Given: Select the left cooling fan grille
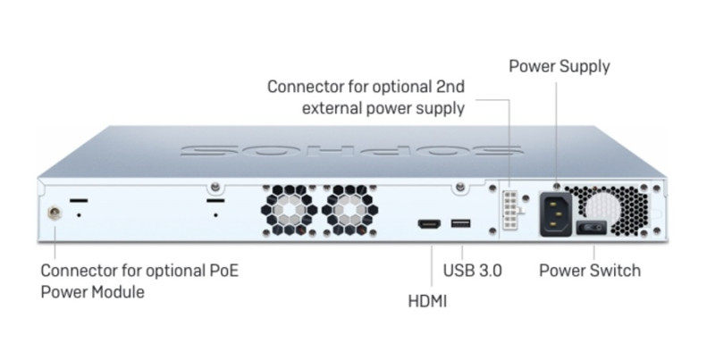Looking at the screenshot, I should [x=289, y=212].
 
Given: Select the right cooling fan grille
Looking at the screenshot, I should [x=349, y=212].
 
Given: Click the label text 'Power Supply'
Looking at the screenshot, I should [x=559, y=66].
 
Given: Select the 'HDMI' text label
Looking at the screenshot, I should [x=427, y=301].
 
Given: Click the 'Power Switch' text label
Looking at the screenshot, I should [x=590, y=270].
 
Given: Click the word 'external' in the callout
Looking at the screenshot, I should [x=339, y=110].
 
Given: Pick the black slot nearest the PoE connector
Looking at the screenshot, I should [x=79, y=200].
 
